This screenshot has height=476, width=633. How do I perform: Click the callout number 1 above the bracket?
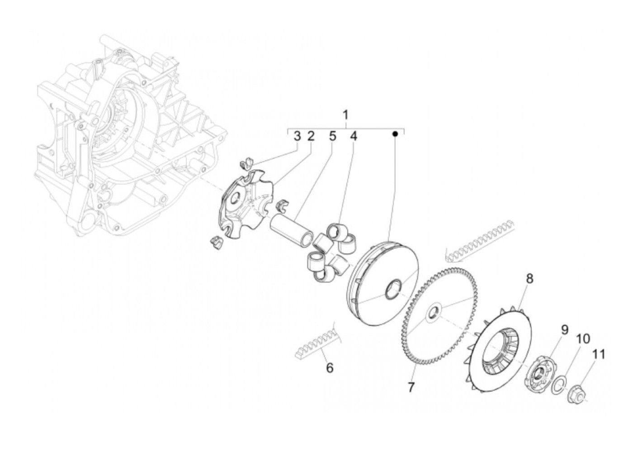pyautogui.click(x=345, y=115)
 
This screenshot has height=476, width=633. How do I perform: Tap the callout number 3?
pyautogui.click(x=297, y=136)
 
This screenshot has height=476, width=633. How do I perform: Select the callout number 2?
pyautogui.click(x=311, y=136)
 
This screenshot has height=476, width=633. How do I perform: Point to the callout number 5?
pyautogui.click(x=332, y=136)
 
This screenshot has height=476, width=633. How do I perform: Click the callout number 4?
pyautogui.click(x=353, y=136)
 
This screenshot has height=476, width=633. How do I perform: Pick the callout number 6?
pyautogui.click(x=330, y=368)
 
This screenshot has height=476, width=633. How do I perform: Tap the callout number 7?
pyautogui.click(x=411, y=387)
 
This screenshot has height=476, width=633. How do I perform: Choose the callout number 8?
pyautogui.click(x=529, y=278)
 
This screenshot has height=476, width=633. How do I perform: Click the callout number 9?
pyautogui.click(x=564, y=330)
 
